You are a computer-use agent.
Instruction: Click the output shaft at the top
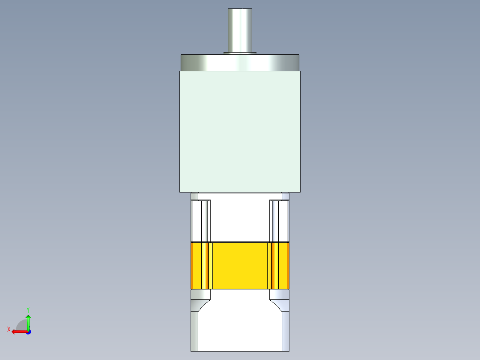click(x=240, y=29)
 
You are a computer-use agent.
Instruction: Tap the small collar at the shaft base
click(x=240, y=53)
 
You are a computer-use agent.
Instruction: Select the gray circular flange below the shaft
click(x=240, y=62)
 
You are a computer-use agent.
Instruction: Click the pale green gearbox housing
click(x=240, y=131)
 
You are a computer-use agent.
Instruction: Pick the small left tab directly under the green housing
click(x=194, y=196)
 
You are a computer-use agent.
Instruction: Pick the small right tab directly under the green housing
click(x=285, y=196)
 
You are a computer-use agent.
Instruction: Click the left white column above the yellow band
click(x=200, y=221)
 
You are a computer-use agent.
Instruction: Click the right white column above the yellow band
click(x=279, y=221)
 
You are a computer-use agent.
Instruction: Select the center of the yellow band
click(x=240, y=266)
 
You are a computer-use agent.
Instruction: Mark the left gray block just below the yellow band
click(x=200, y=295)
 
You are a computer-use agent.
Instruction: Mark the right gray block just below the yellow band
click(x=279, y=295)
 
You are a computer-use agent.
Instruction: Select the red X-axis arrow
click(x=18, y=331)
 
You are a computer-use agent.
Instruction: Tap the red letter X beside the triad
click(x=9, y=329)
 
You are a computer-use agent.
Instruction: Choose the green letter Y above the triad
click(x=28, y=309)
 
